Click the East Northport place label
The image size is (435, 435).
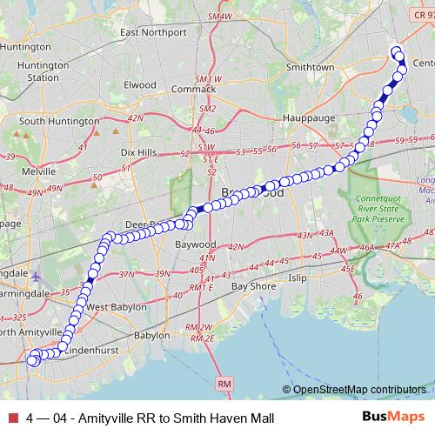[155, 33]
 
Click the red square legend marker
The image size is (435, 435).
[12, 418]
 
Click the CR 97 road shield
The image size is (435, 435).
[419, 7]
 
